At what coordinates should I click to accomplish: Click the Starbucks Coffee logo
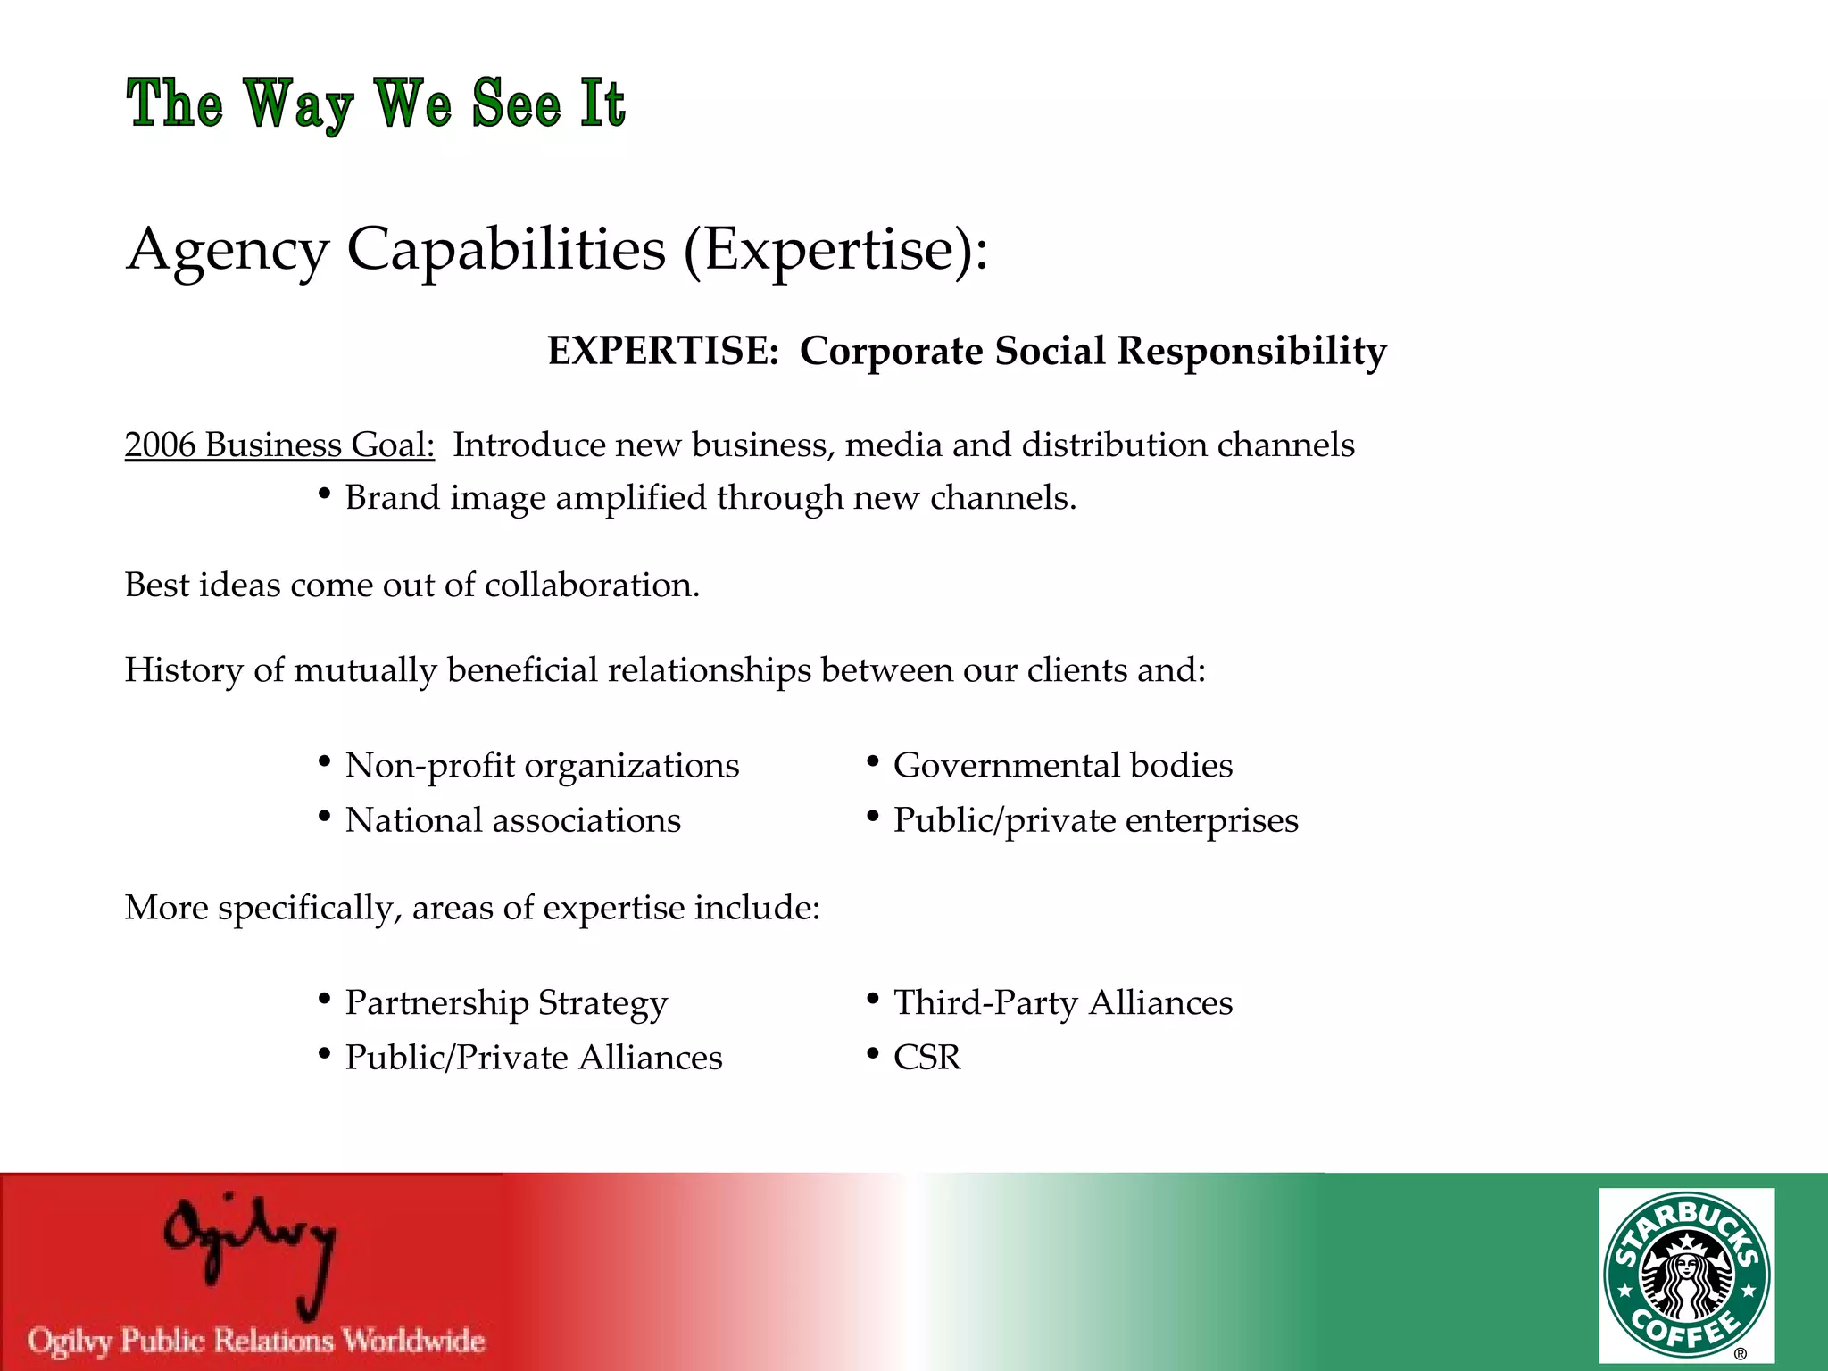point(1686,1275)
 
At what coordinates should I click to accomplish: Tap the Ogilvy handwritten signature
point(250,1250)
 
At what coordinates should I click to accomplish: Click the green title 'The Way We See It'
point(376,104)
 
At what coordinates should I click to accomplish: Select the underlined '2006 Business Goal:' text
point(279,445)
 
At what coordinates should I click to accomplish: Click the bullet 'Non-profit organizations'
point(542,766)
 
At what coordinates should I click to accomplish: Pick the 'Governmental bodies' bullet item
point(1062,766)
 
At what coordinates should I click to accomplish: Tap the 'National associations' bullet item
point(512,820)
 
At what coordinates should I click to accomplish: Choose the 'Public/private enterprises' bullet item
point(1095,820)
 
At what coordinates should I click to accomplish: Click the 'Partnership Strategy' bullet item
point(506,1003)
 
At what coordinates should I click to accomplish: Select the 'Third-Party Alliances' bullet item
point(1062,1003)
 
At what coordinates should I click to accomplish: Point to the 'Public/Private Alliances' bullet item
point(534,1058)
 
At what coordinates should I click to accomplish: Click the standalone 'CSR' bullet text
point(926,1058)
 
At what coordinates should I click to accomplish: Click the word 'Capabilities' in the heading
point(506,249)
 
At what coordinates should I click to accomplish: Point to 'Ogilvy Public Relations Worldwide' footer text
point(256,1341)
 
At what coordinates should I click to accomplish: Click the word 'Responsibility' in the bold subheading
point(1251,351)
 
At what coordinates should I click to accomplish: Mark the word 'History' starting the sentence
point(183,670)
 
